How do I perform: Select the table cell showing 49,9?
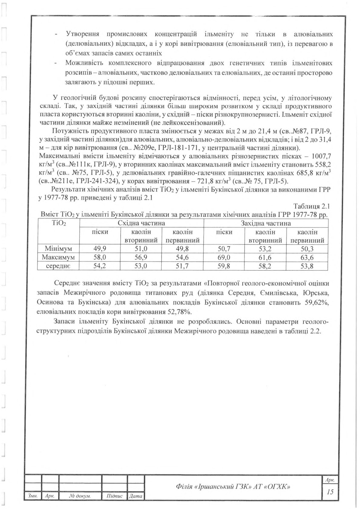[100, 249]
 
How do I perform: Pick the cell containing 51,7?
[183, 266]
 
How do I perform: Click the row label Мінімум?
[58, 249]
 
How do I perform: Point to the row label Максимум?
[58, 257]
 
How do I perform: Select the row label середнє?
[58, 266]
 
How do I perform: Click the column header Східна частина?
[141, 223]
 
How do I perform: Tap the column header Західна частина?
[266, 223]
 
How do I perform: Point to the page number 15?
[330, 492]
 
